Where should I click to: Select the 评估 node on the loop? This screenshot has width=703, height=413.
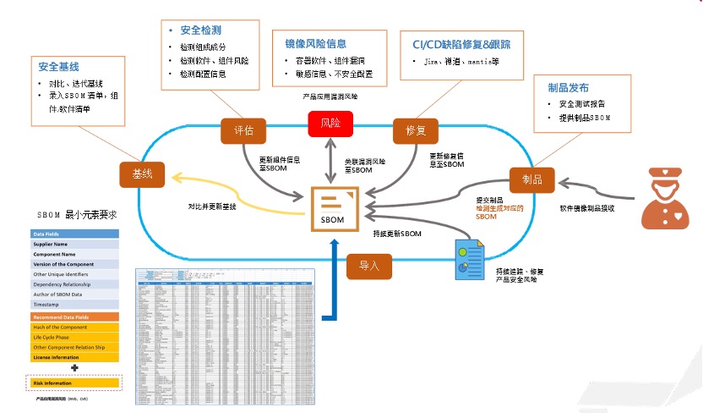click(x=243, y=130)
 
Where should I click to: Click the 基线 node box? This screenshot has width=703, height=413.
click(x=142, y=174)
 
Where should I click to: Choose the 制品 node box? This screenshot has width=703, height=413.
click(x=531, y=180)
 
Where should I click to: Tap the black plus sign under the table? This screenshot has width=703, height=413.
click(x=75, y=368)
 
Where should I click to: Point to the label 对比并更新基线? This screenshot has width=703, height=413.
click(x=211, y=206)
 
